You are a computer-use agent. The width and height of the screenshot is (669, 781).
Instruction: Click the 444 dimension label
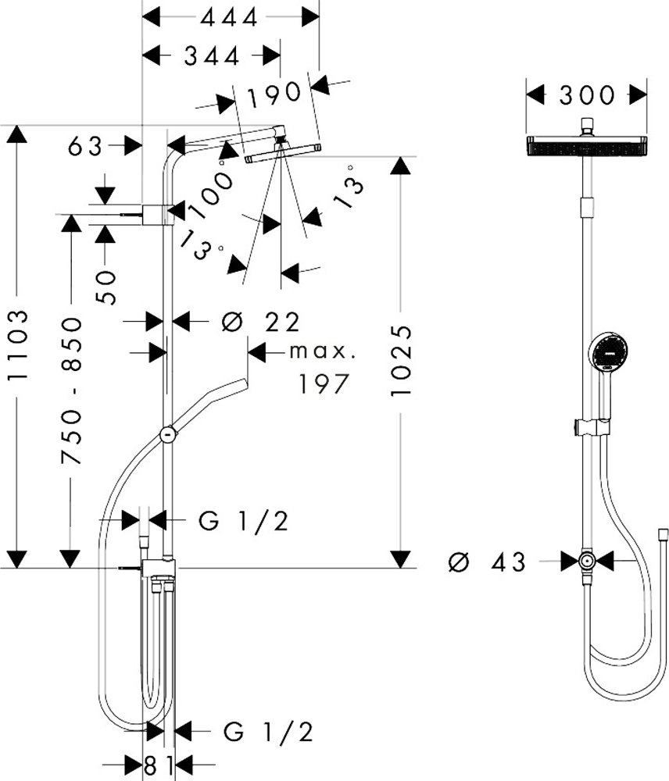click(229, 18)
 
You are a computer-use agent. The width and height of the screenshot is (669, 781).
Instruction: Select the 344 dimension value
click(212, 57)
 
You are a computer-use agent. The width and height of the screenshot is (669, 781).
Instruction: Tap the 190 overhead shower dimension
click(274, 93)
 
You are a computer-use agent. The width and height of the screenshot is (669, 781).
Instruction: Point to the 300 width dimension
click(586, 95)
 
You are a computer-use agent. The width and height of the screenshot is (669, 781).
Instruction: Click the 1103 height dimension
click(19, 344)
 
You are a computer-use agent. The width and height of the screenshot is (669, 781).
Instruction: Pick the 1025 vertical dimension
click(401, 361)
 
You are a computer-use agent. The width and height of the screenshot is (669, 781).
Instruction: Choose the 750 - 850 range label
click(71, 391)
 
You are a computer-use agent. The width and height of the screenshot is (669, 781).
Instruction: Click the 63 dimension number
click(85, 146)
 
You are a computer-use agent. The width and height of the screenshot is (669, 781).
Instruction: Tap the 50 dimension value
click(106, 287)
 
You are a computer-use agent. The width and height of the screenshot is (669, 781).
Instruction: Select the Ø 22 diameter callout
click(261, 323)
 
